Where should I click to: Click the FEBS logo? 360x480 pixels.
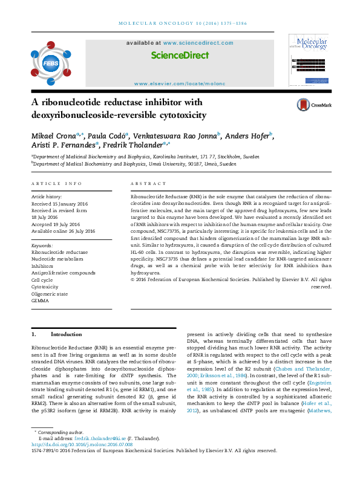coord(47,61)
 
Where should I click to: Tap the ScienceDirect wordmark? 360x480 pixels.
coord(180,55)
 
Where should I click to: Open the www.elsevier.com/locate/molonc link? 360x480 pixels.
coord(180,83)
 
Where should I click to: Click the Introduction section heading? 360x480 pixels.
coord(66,334)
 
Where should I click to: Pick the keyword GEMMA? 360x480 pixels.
coord(40,300)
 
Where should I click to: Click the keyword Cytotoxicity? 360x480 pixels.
coord(46,287)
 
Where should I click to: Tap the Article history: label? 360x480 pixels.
coord(47,197)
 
